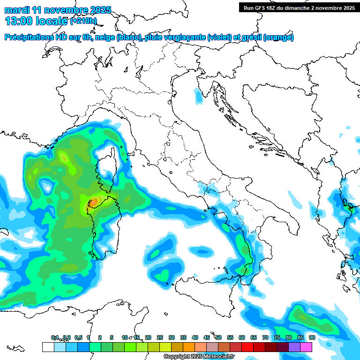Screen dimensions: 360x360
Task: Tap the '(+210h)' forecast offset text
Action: (x=84, y=21)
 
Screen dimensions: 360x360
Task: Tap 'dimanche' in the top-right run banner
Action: (x=306, y=8)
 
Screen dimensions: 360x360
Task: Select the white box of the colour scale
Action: (x=48, y=347)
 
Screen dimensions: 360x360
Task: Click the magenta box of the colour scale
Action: (x=306, y=347)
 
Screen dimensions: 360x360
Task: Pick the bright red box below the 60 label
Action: (x=247, y=347)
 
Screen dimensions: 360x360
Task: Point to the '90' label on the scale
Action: (x=312, y=337)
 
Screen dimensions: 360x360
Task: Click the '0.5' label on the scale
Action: (x=78, y=337)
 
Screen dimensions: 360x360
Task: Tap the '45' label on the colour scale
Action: (x=207, y=337)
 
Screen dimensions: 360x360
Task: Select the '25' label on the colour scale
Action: (x=160, y=337)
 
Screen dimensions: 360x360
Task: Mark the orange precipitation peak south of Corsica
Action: (x=94, y=202)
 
